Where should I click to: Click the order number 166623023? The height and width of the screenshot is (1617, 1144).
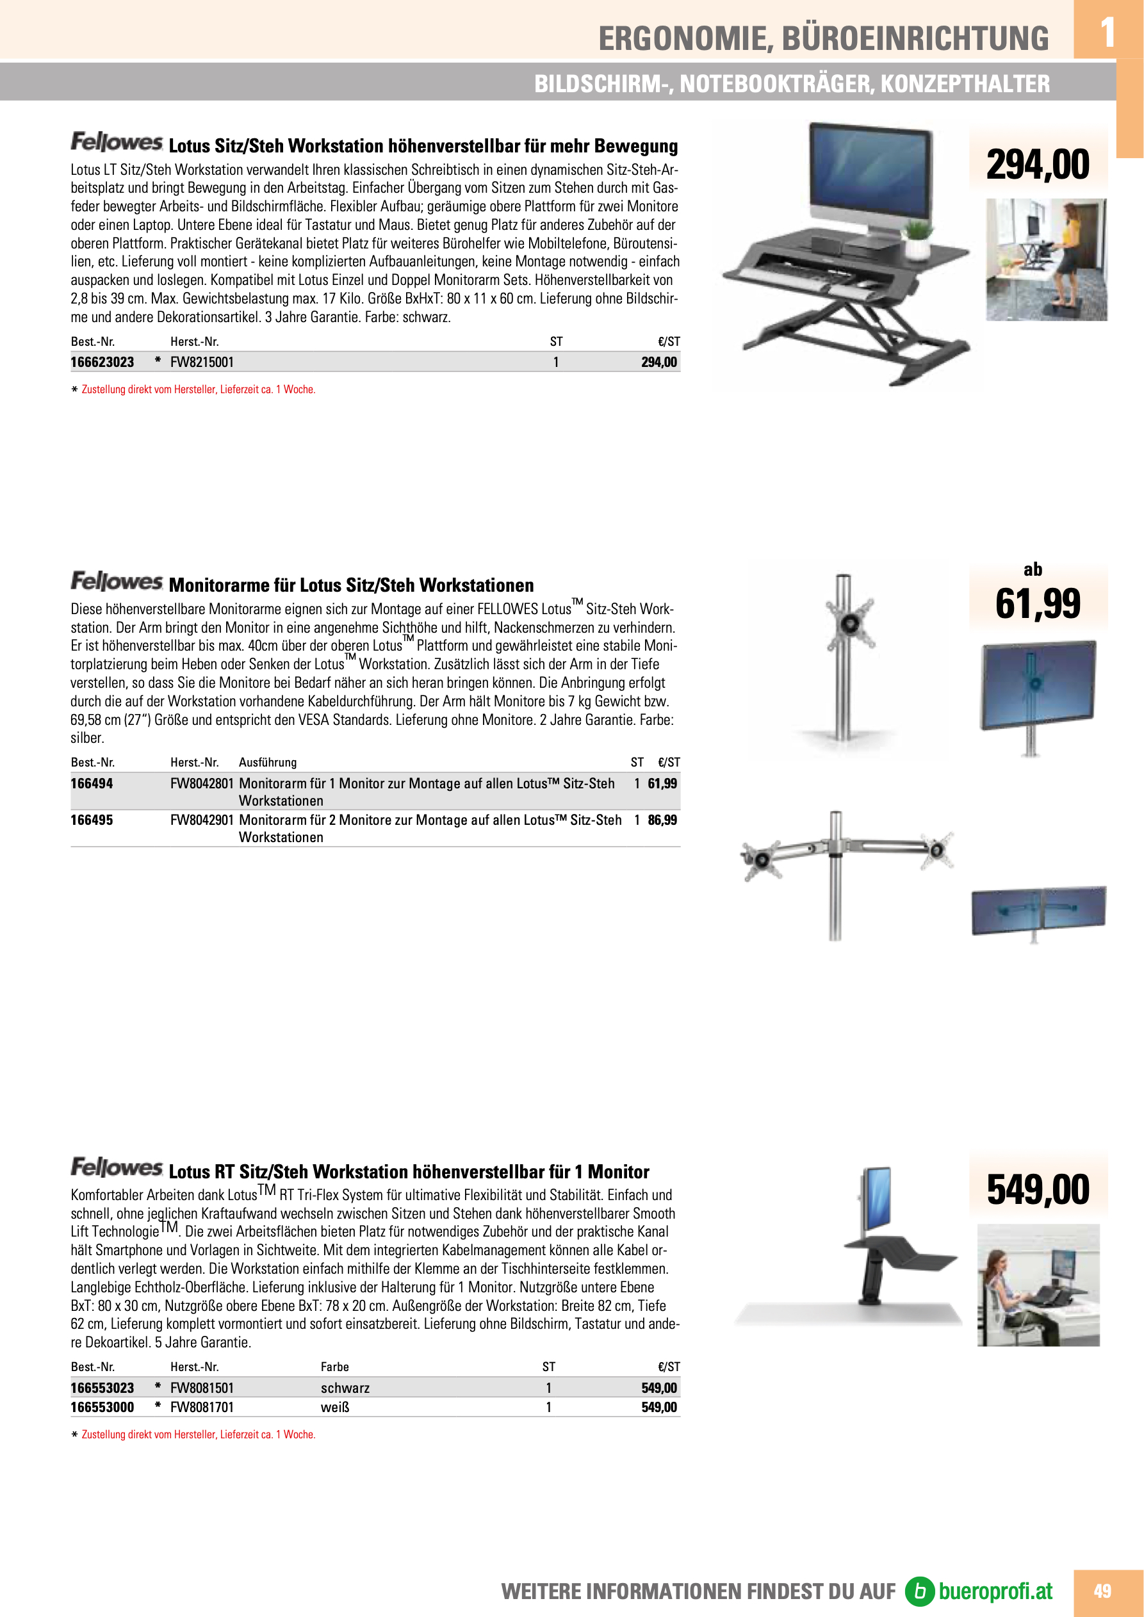click(x=102, y=362)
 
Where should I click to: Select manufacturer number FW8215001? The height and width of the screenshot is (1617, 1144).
click(x=202, y=362)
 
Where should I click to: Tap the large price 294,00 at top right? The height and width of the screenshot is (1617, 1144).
click(x=1038, y=164)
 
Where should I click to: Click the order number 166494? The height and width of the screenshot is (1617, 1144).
click(x=92, y=783)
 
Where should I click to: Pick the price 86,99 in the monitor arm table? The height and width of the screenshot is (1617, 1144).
click(x=662, y=820)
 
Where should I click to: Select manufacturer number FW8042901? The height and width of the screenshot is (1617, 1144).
click(x=202, y=820)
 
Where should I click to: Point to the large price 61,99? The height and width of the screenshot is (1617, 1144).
click(x=1038, y=603)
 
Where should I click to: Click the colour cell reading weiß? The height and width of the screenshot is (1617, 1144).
click(x=335, y=1407)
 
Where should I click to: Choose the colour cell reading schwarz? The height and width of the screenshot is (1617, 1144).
click(x=345, y=1387)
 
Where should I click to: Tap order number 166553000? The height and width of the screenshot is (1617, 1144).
click(x=102, y=1407)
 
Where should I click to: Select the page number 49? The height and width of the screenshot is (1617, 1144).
click(x=1102, y=1591)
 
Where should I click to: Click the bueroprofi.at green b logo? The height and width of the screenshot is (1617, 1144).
click(x=919, y=1591)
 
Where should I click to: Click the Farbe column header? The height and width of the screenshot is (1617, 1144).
click(x=334, y=1367)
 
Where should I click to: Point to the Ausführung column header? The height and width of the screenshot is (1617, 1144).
click(x=268, y=762)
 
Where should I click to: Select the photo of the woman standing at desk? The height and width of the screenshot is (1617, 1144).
click(x=1046, y=259)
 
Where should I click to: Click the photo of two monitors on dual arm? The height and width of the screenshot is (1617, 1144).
click(x=1038, y=912)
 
